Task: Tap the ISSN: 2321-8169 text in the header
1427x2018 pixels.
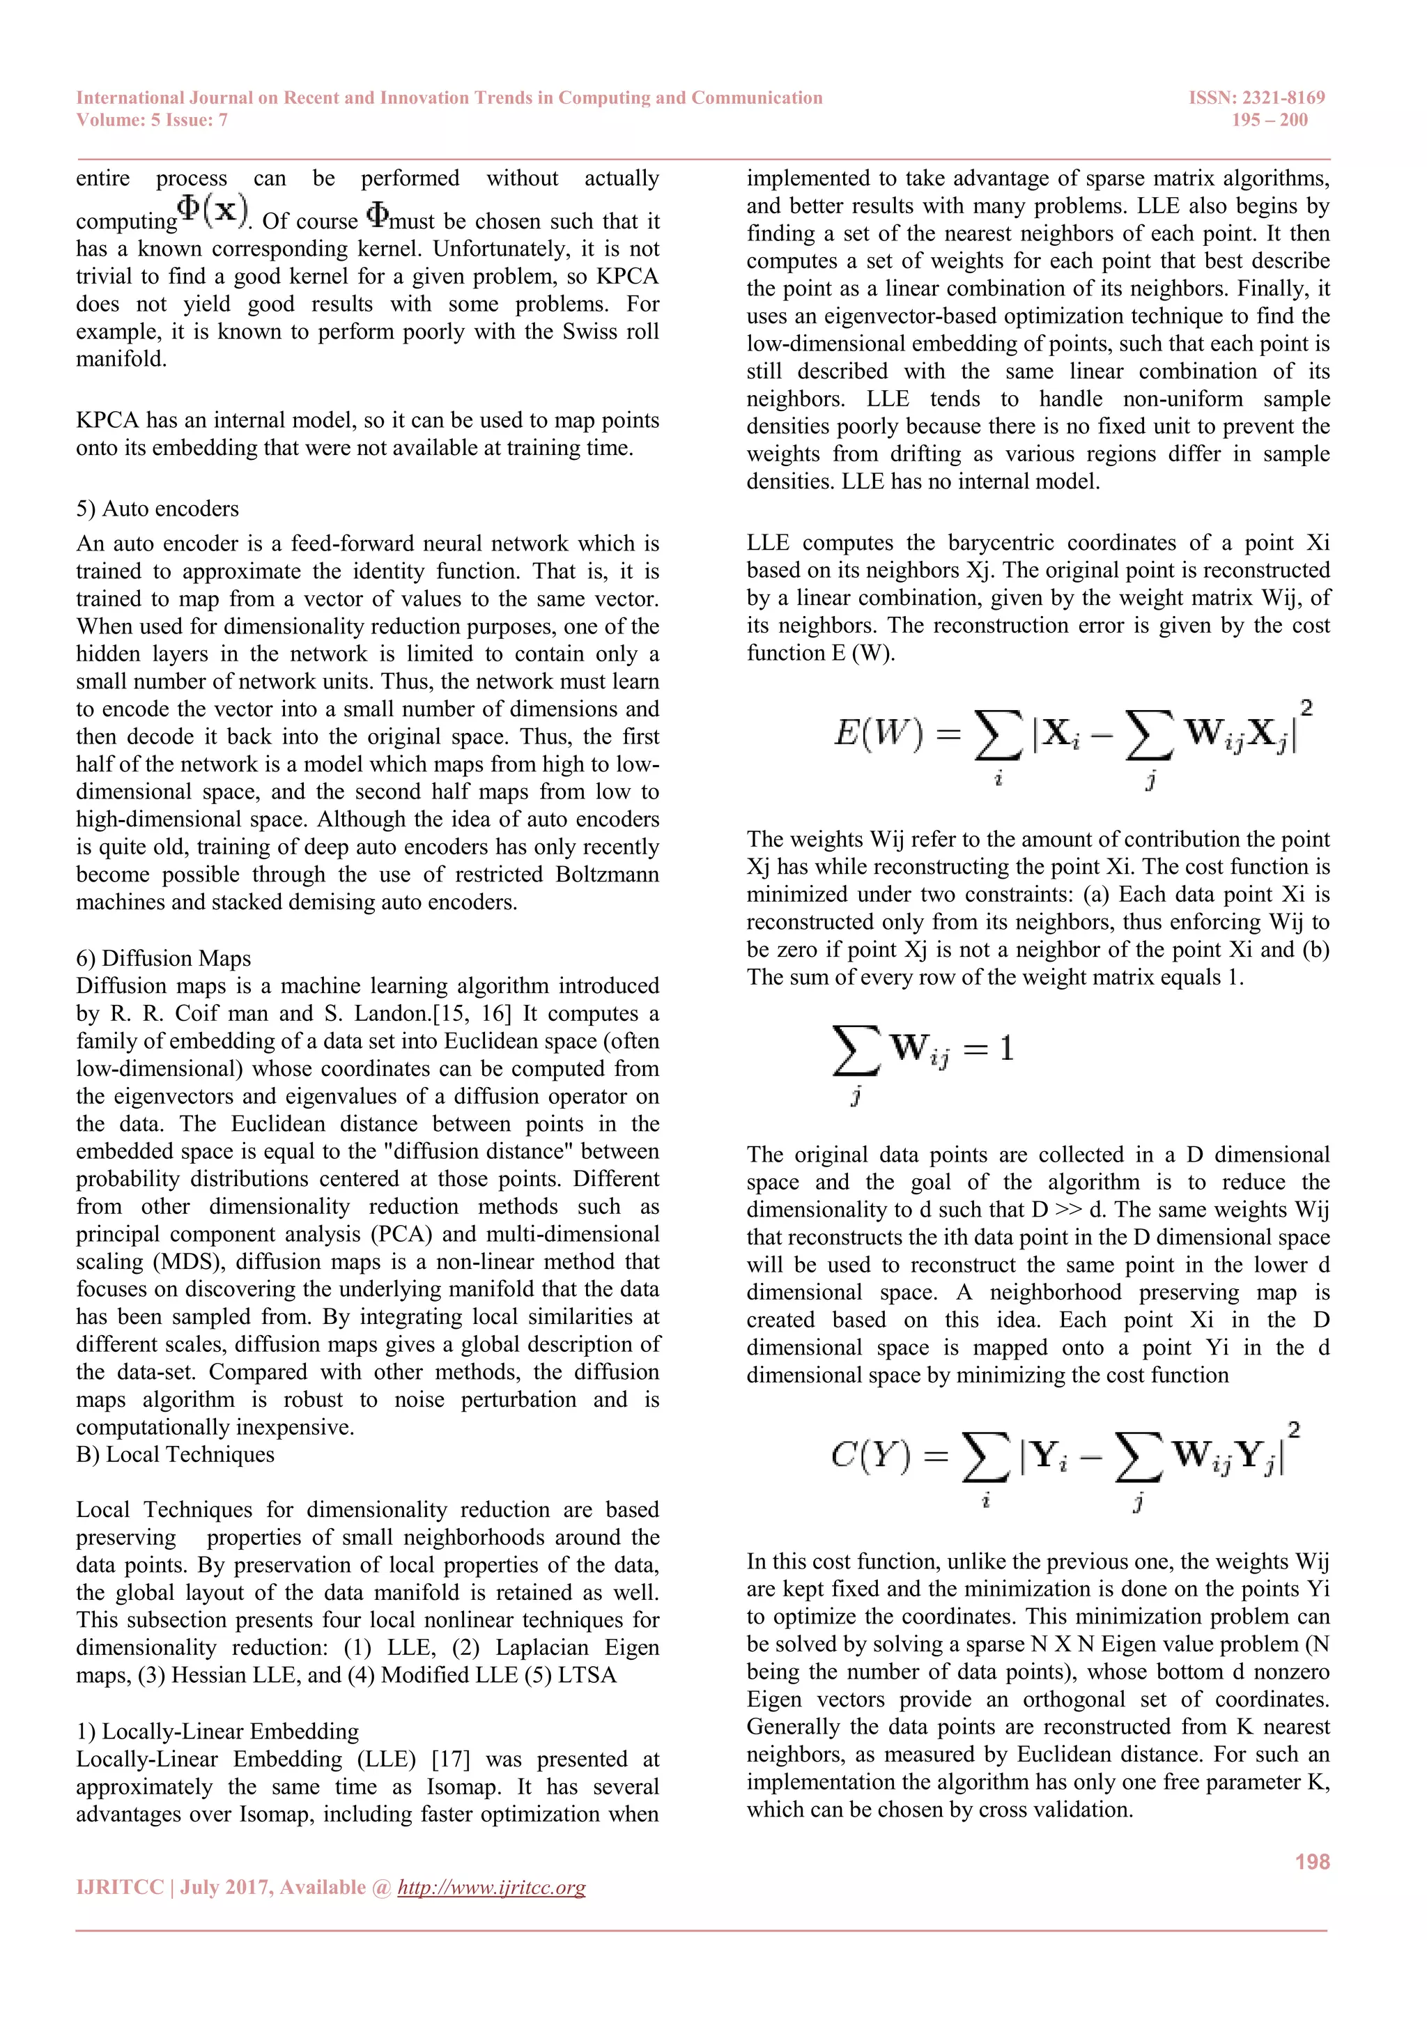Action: click(x=1256, y=98)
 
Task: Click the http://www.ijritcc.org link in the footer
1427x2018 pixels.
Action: click(x=491, y=1887)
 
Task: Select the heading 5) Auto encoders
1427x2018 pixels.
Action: click(x=157, y=509)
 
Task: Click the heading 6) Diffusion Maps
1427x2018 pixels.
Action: click(x=164, y=958)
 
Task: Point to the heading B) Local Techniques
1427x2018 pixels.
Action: click(x=175, y=1454)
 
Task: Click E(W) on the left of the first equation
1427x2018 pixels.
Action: click(x=878, y=732)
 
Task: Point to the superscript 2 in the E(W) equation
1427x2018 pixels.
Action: click(x=1306, y=707)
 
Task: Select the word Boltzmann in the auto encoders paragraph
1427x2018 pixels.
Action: click(x=606, y=875)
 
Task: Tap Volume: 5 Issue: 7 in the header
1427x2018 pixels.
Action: click(x=152, y=121)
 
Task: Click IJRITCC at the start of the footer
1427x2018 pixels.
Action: click(x=120, y=1887)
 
